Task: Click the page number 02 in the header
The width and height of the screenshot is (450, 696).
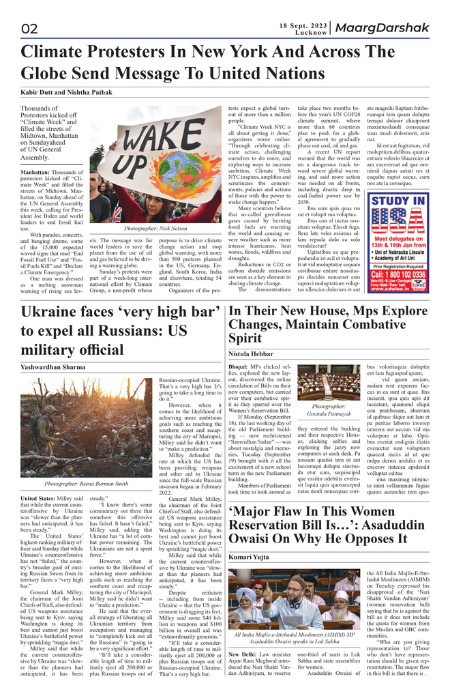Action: (x=30, y=29)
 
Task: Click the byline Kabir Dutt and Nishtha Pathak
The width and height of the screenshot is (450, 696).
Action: (x=67, y=91)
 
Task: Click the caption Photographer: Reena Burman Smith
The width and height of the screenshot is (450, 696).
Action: (x=87, y=484)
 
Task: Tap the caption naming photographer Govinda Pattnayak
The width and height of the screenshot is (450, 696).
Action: (x=329, y=409)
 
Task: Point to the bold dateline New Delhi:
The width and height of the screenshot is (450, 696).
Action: (x=243, y=653)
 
